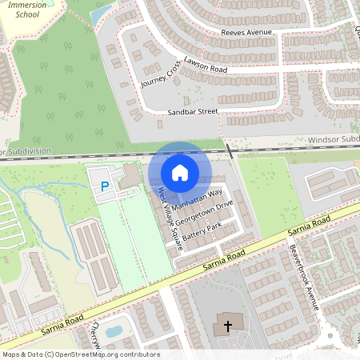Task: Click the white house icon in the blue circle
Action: [x=179, y=173]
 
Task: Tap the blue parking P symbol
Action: [x=104, y=187]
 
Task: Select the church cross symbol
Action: [x=227, y=326]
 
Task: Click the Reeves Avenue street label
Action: [x=246, y=33]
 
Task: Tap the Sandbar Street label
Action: [x=192, y=112]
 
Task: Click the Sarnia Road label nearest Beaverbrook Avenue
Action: [x=309, y=225]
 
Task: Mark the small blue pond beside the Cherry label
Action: [x=114, y=330]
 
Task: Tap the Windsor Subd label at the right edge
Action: [x=333, y=140]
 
